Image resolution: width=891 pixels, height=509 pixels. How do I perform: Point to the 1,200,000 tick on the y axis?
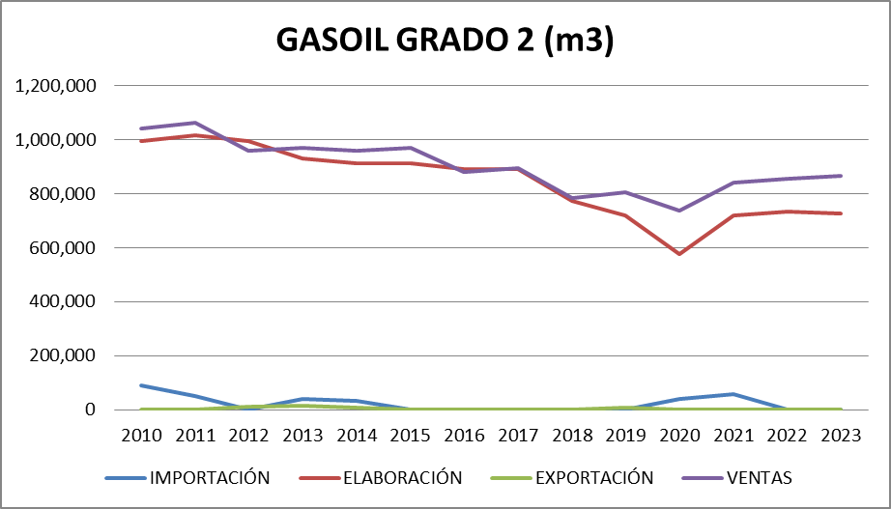[56, 86]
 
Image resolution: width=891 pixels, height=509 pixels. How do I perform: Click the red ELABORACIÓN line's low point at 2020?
[679, 254]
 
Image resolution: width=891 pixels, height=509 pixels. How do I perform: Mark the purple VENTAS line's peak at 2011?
[195, 123]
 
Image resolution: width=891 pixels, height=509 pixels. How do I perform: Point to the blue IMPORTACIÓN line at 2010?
[142, 385]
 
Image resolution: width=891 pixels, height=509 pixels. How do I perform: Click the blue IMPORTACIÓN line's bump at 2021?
[733, 394]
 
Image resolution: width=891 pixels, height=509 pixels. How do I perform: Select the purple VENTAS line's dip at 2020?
[679, 211]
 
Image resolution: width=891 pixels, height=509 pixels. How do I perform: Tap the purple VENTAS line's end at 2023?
[841, 176]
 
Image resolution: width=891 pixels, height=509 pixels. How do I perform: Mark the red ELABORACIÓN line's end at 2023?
[841, 213]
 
